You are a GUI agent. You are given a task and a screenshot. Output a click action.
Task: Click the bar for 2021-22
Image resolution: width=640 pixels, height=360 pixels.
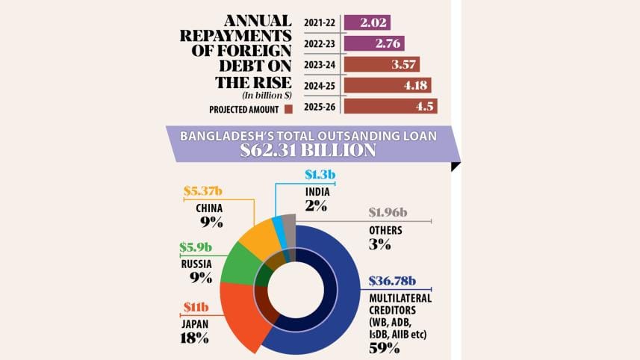pyautogui.click(x=367, y=23)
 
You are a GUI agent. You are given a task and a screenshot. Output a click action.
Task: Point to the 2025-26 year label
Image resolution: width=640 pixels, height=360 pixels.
pyautogui.click(x=320, y=107)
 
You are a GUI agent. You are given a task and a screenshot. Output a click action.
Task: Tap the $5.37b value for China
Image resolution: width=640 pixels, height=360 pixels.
pyautogui.click(x=202, y=193)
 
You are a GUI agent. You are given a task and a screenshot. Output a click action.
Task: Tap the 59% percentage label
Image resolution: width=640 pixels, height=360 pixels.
pyautogui.click(x=384, y=346)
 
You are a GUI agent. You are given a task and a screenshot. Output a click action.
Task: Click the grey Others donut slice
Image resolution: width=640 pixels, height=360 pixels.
pyautogui.click(x=291, y=223)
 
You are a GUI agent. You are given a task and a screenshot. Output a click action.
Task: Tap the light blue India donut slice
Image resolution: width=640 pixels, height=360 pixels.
pyautogui.click(x=278, y=225)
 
